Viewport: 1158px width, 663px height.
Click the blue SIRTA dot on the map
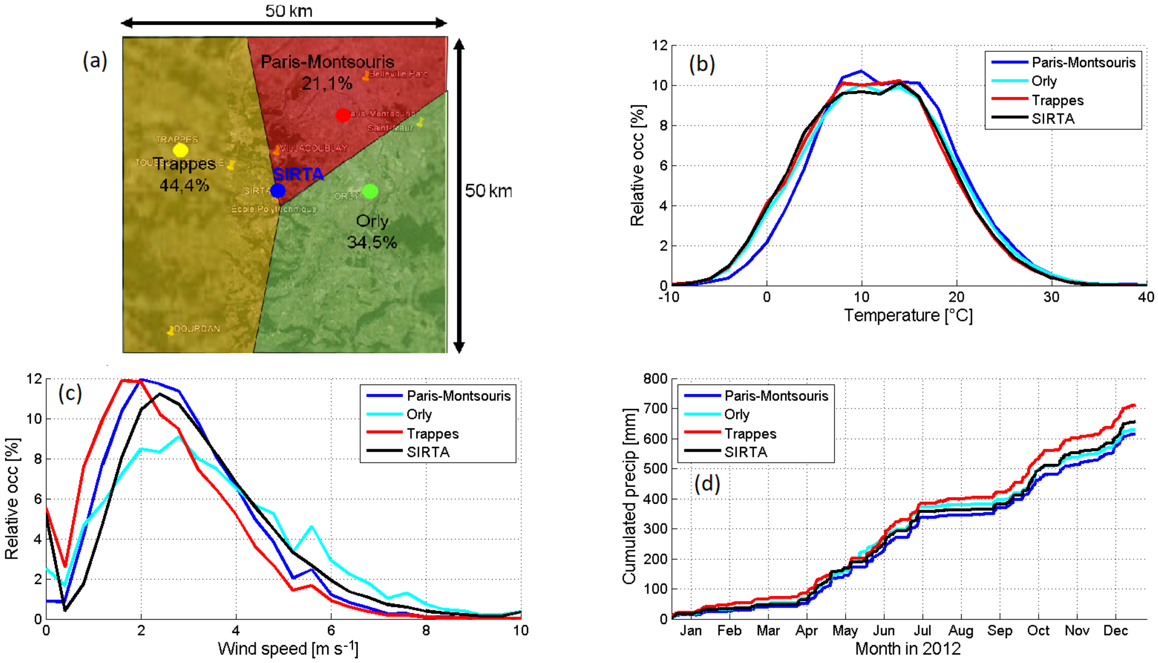(277, 190)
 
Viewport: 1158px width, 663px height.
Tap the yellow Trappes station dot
(181, 150)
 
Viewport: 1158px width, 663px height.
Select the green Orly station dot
(370, 191)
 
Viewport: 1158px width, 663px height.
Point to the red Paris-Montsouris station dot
(343, 115)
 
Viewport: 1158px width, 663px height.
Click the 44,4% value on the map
(184, 185)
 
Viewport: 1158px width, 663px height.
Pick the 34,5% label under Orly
(372, 242)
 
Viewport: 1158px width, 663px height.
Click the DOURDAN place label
(196, 328)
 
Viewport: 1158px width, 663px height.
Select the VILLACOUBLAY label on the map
(313, 148)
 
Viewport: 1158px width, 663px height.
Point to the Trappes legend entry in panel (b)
(1057, 100)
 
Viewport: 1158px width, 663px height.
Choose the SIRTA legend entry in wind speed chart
(428, 452)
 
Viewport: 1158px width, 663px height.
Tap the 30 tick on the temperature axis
(1051, 297)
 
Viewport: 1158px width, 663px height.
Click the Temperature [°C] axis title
(908, 316)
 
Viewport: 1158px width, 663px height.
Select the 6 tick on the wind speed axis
(331, 631)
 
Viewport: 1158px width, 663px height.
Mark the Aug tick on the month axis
(960, 631)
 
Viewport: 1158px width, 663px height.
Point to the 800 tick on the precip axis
(655, 379)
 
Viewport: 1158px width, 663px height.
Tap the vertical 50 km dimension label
(488, 191)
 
